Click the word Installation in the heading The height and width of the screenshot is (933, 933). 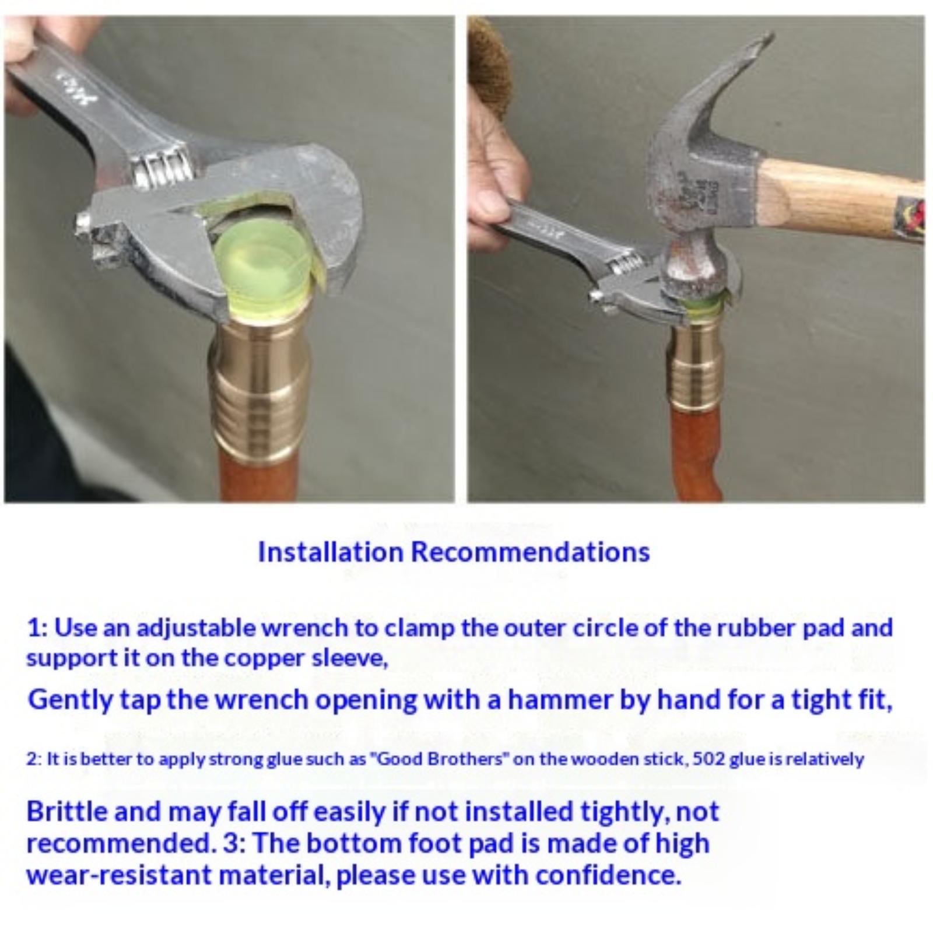[x=331, y=552]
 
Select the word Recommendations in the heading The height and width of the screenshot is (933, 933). [x=531, y=552]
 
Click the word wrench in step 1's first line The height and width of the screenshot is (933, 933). [x=318, y=628]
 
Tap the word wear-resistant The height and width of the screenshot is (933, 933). [x=119, y=875]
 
